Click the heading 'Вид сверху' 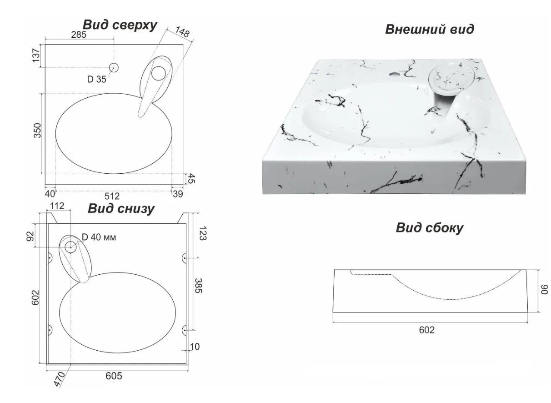click(120, 25)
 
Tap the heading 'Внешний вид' click(429, 29)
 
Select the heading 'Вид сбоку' click(430, 228)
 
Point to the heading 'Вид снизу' click(121, 209)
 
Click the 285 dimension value click(79, 35)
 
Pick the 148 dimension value click(182, 32)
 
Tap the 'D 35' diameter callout click(97, 79)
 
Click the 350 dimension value click(37, 131)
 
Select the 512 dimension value click(112, 196)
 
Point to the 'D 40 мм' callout click(99, 237)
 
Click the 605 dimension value click(114, 376)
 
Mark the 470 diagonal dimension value click(59, 379)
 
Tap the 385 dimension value click(198, 286)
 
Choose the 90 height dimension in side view click(544, 289)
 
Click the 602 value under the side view click(427, 330)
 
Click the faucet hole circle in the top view click(114, 67)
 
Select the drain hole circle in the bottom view click(70, 247)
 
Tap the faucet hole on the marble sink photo click(394, 74)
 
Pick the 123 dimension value click(203, 233)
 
